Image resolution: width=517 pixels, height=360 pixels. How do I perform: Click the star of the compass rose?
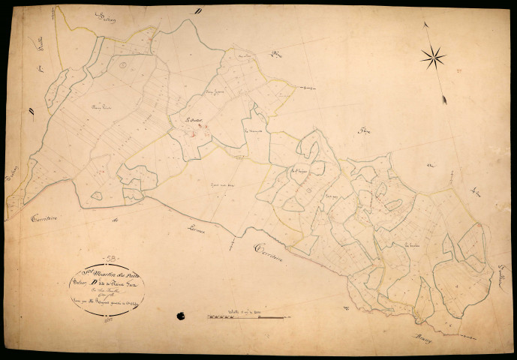pyautogui.click(x=433, y=56)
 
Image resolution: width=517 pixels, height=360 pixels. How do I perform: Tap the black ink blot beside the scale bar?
pyautogui.click(x=180, y=316)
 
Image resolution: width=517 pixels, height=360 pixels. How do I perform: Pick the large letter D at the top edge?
pyautogui.click(x=197, y=11)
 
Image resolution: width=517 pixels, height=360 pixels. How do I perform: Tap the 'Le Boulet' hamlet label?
pyautogui.click(x=197, y=120)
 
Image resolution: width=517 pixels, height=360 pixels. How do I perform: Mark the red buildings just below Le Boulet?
pyautogui.click(x=194, y=134)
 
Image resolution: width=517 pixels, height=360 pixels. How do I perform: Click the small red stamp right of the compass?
pyautogui.click(x=458, y=70)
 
